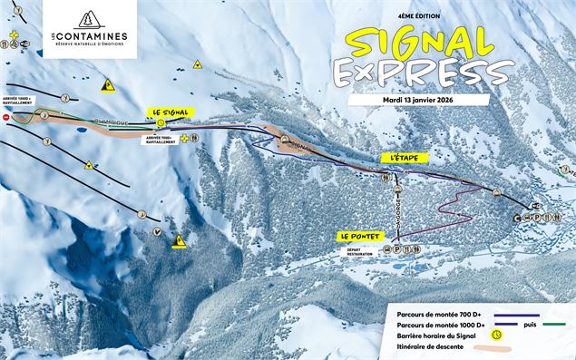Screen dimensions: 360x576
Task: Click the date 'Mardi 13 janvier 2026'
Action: (x=423, y=100)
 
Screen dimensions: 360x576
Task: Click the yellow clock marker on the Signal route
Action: (x=160, y=124)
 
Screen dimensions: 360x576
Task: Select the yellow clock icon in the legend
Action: (x=497, y=334)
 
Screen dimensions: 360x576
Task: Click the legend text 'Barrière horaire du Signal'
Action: (x=439, y=335)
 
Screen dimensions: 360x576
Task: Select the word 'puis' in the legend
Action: (x=528, y=322)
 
